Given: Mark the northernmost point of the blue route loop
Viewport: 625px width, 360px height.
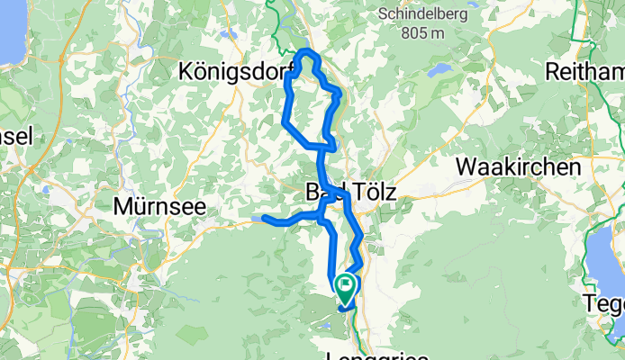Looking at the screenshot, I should pyautogui.click(x=306, y=49).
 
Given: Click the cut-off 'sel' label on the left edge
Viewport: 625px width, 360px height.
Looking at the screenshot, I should pyautogui.click(x=16, y=136).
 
